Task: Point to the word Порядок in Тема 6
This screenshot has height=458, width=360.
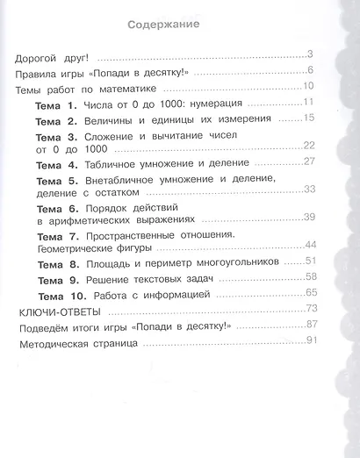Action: tap(107, 209)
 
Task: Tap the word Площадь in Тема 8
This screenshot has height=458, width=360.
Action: tap(107, 262)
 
